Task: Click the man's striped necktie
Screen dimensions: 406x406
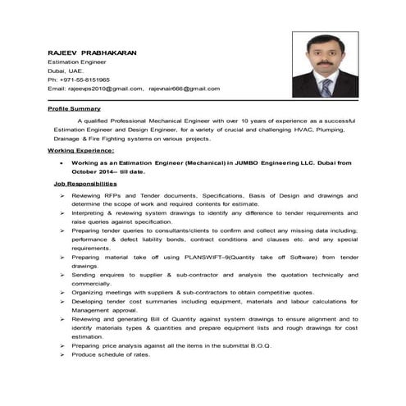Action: click(x=326, y=87)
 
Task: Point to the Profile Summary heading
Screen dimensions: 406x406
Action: click(x=74, y=108)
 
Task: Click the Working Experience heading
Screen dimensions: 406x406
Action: click(x=80, y=151)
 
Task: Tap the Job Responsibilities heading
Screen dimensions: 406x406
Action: click(x=84, y=185)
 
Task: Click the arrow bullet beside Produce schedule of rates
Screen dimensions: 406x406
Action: click(x=62, y=354)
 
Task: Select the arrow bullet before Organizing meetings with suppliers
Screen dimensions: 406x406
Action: click(x=62, y=292)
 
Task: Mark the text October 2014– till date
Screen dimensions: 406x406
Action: click(x=108, y=172)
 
